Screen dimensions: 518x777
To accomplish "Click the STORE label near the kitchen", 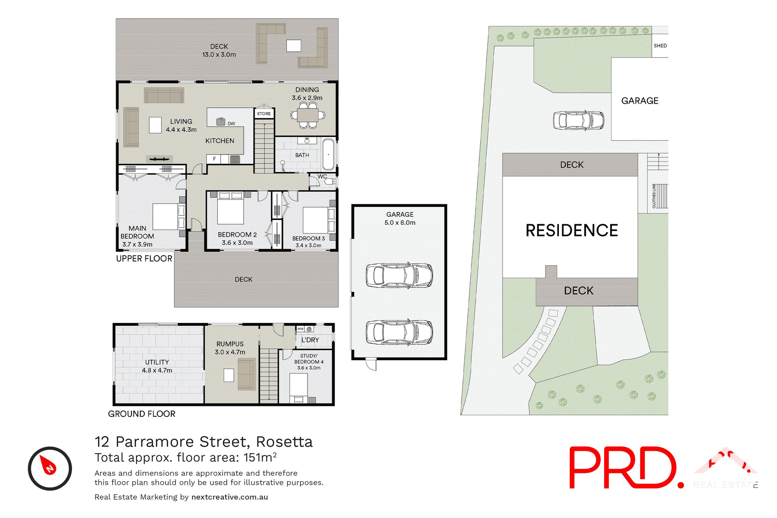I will point(264,114).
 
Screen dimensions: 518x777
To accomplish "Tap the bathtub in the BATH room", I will point(328,155).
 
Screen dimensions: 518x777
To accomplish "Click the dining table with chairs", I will point(308,115).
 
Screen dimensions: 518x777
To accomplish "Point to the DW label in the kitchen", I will point(231,124).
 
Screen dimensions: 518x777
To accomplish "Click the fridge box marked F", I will point(214,159).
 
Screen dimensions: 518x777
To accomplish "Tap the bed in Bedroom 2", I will point(230,208).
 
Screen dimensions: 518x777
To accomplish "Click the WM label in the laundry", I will point(300,329).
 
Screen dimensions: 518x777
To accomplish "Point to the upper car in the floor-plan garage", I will point(399,276).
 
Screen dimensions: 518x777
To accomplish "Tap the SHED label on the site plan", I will point(660,46).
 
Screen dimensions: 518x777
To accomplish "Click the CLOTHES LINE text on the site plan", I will point(654,196).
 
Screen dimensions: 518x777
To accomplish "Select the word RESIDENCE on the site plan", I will point(571,231).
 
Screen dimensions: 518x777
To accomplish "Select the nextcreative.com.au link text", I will point(229,497).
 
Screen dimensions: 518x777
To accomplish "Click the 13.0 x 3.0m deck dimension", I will point(219,55).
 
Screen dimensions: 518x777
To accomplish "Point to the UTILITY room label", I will point(157,362).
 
